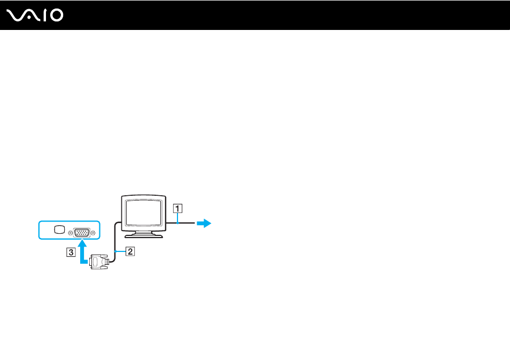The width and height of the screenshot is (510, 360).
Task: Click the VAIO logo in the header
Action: tap(35, 16)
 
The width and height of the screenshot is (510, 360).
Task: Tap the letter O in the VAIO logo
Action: tap(57, 16)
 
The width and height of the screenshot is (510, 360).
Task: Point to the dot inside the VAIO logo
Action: tap(29, 18)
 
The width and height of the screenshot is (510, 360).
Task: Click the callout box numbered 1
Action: tap(177, 208)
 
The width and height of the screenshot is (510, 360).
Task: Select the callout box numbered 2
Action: tap(130, 251)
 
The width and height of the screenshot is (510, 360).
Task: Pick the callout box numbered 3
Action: tap(71, 252)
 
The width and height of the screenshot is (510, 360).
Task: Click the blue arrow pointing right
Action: tap(204, 223)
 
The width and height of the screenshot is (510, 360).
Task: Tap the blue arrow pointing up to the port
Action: tap(83, 251)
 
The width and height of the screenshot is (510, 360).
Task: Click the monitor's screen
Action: tap(143, 212)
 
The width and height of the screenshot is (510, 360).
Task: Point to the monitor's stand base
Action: tap(143, 235)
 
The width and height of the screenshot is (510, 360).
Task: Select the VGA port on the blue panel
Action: tap(82, 233)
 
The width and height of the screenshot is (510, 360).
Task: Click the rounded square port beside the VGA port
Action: tap(59, 230)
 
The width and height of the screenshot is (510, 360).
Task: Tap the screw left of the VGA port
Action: tap(70, 233)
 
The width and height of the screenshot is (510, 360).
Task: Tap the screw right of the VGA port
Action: tap(93, 233)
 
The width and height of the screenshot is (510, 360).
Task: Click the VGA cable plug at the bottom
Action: tap(99, 262)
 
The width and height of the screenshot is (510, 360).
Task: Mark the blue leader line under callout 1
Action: tap(177, 218)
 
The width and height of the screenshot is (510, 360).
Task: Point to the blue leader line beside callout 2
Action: tap(121, 251)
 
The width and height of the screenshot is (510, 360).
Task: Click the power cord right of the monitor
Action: tap(181, 223)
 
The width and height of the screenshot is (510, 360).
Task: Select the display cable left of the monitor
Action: tap(115, 241)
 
